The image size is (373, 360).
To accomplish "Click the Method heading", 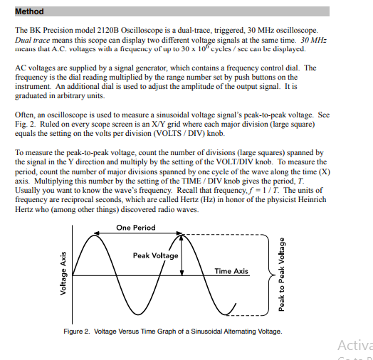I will (x=29, y=11).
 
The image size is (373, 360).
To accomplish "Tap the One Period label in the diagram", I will (x=135, y=227).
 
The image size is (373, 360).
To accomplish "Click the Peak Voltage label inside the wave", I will (x=155, y=255).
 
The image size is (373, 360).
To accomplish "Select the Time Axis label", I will (x=231, y=271).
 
